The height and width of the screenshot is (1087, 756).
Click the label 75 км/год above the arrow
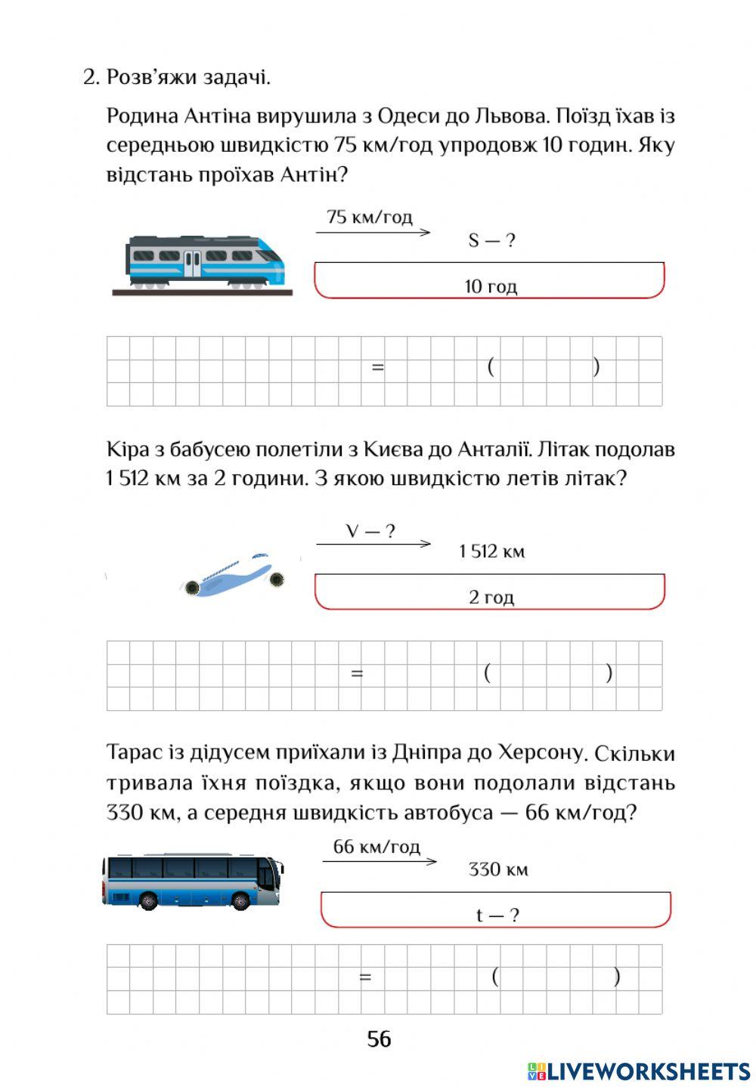370,218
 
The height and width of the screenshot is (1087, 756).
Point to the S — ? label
491,241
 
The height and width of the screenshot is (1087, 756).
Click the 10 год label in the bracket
491,287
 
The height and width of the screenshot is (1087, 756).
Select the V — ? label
370,532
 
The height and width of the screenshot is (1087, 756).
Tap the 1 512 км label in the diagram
491,552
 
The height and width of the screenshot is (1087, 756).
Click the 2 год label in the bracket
491,598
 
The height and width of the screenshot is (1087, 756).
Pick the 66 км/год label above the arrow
376,847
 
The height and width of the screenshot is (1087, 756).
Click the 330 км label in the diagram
497,869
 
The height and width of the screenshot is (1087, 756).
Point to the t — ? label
497,916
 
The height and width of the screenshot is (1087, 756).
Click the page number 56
379,1039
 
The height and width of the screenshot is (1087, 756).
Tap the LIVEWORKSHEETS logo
639,1070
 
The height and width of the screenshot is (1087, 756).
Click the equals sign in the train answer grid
378,368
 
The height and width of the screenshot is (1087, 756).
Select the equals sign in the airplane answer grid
357,673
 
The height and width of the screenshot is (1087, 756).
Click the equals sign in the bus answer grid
365,977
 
